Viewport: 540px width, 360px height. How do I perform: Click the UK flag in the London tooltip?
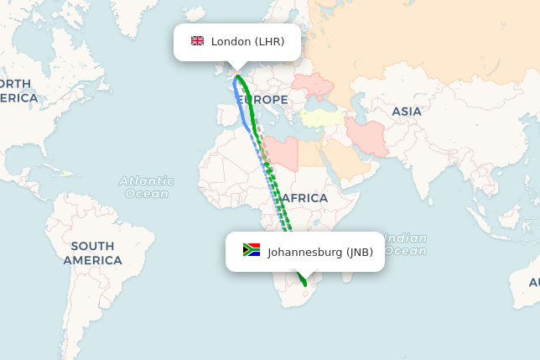point(198,41)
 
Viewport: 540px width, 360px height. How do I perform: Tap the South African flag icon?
point(252,250)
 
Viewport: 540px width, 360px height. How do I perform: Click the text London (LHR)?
point(247,41)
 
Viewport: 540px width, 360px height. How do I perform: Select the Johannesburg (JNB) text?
point(320,252)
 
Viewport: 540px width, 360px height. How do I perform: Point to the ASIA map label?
point(407,111)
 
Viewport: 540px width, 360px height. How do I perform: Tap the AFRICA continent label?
point(304,198)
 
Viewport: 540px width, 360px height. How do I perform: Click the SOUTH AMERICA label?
point(92,253)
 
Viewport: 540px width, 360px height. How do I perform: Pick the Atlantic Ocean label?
point(147,187)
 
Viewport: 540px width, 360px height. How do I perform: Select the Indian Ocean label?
point(406,244)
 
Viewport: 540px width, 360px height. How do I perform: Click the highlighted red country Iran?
point(369,135)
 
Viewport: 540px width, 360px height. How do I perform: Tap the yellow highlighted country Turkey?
point(322,118)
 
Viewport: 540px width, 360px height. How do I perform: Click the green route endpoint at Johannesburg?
point(304,285)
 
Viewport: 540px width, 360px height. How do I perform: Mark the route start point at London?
point(238,77)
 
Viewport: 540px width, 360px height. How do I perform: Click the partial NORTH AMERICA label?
point(18,91)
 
